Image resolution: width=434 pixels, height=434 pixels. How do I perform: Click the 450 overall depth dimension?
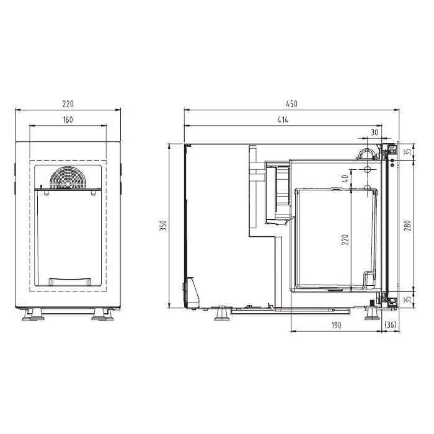pos(291,104)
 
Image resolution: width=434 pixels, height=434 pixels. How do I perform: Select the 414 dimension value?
pos(283,120)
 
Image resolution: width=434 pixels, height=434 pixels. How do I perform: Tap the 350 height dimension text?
pos(163,226)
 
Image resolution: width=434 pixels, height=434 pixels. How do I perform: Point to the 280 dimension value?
pos(407,226)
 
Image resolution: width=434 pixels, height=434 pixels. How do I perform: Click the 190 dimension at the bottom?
pos(336,325)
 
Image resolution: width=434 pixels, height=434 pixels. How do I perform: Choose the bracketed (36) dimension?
pos(391,325)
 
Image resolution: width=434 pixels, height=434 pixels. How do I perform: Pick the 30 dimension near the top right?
pos(374,132)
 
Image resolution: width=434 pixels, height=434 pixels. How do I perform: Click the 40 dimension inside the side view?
pos(345,179)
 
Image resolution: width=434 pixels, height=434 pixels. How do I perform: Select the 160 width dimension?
pos(68,120)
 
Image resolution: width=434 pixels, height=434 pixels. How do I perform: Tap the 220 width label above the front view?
pos(68,104)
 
